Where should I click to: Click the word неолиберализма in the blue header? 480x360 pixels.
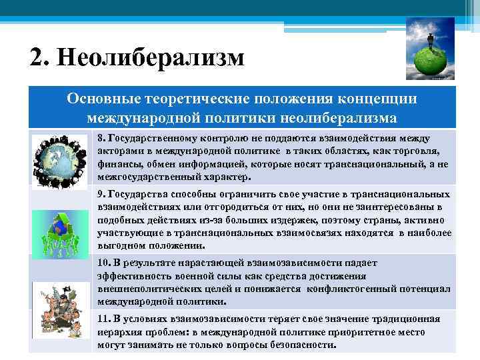point(331,117)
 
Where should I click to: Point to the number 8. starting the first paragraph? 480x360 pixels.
point(101,138)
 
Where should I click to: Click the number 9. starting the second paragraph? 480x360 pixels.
point(101,194)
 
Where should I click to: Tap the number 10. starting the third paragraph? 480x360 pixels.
point(103,262)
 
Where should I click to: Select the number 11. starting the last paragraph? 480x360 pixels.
point(103,318)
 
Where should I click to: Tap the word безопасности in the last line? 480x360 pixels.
point(303,345)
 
